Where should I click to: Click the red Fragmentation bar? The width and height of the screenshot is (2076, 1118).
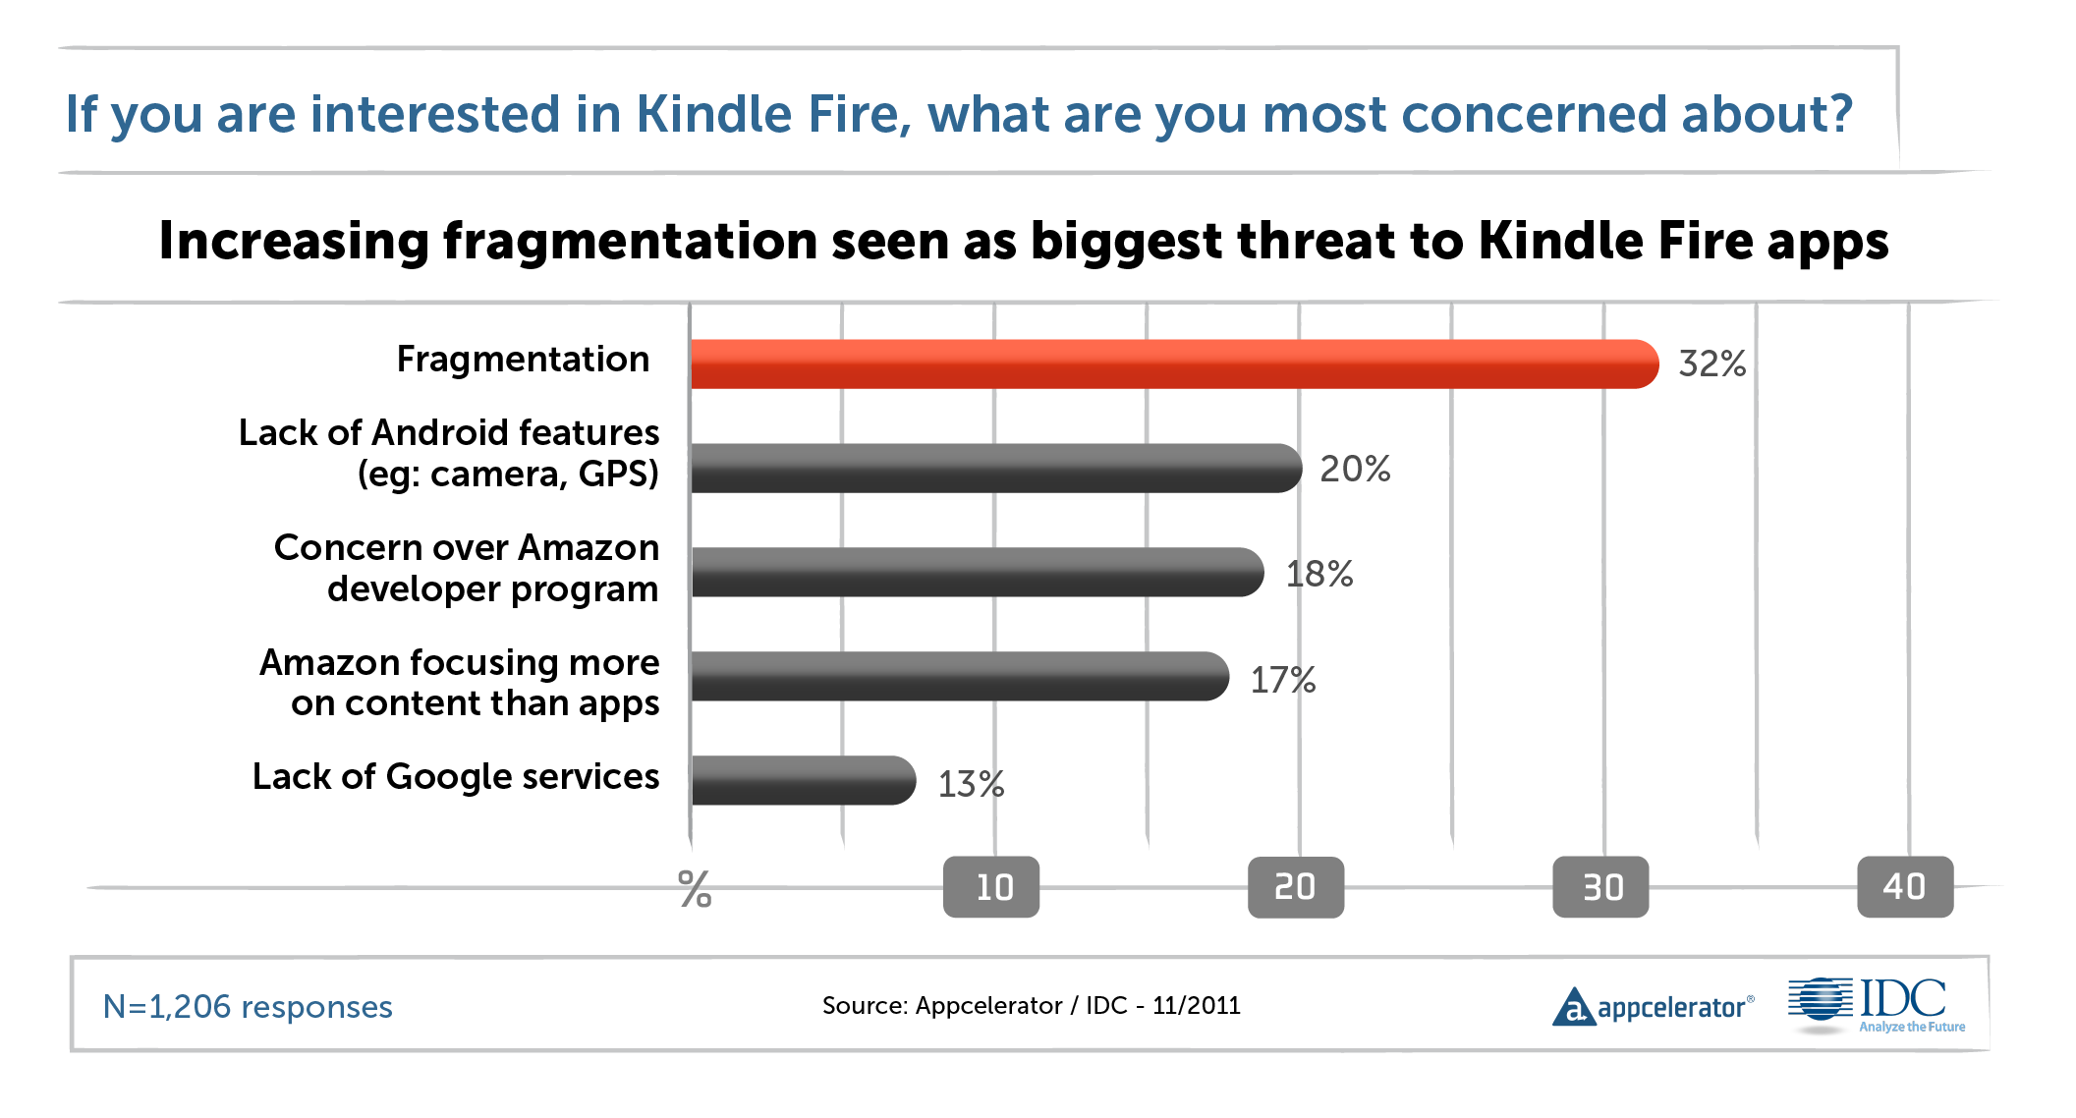(x=1174, y=364)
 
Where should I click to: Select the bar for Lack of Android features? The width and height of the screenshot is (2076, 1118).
(x=995, y=469)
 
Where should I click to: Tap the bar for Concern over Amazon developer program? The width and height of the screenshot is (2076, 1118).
(x=977, y=573)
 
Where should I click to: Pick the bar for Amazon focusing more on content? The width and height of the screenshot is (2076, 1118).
(x=959, y=677)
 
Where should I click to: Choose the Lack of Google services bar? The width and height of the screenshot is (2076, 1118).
(x=803, y=781)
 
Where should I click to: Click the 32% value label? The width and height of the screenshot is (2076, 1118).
(x=1711, y=364)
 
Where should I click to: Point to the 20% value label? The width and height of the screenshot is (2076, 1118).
(x=1355, y=470)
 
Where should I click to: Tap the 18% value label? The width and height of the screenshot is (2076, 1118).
(x=1319, y=575)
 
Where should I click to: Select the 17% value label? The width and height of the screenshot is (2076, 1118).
(x=1282, y=680)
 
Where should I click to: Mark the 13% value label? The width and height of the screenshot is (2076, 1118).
(x=971, y=784)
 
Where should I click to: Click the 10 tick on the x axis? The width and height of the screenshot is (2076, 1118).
(x=991, y=887)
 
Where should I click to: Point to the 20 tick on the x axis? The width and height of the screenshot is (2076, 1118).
(x=1296, y=887)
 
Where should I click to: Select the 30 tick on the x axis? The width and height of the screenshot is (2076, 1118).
(x=1600, y=887)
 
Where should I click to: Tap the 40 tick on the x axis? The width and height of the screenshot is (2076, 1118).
(x=1905, y=887)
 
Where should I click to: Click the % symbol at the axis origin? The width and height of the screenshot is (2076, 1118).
(x=695, y=889)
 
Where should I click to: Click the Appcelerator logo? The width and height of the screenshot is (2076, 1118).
(x=1653, y=1007)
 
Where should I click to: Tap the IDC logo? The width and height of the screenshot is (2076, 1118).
(x=1877, y=1005)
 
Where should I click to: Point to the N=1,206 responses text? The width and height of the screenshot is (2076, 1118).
(x=248, y=1007)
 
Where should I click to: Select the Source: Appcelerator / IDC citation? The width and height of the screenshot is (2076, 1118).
(x=1031, y=1006)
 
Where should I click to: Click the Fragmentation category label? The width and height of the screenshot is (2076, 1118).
(x=523, y=360)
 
